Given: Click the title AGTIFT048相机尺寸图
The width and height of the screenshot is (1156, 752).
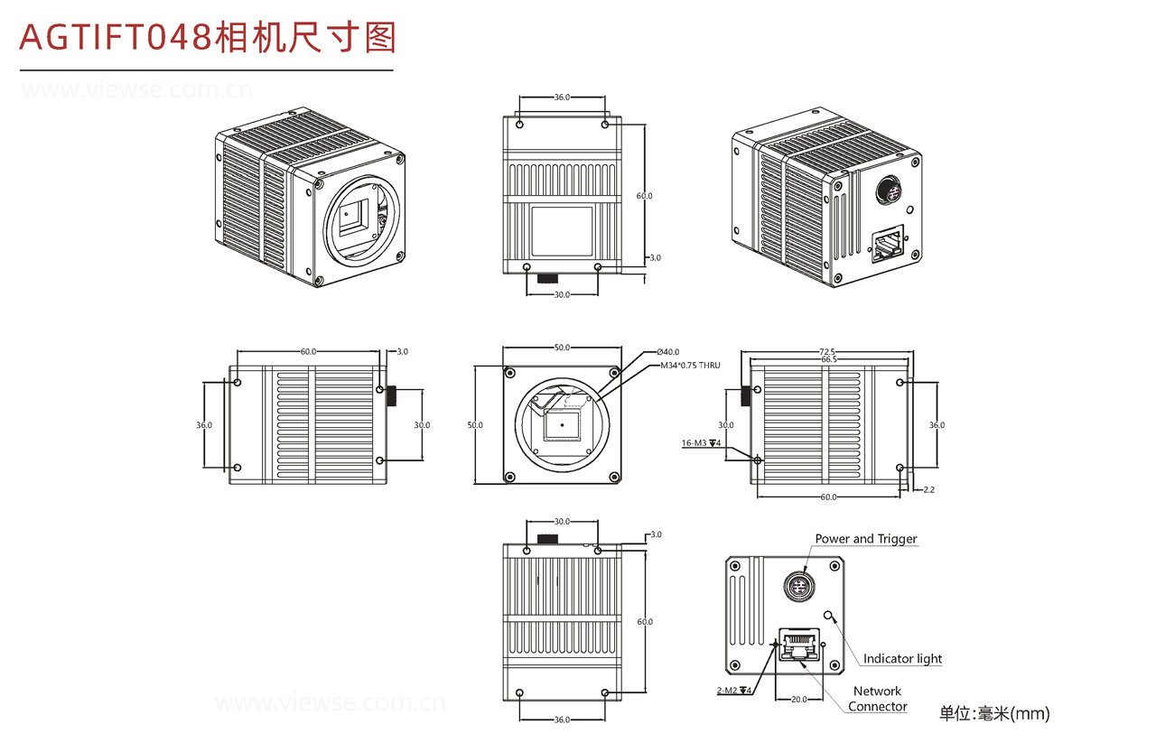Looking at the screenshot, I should pyautogui.click(x=208, y=38).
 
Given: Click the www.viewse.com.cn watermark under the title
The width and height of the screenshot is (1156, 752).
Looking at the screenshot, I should pyautogui.click(x=136, y=90).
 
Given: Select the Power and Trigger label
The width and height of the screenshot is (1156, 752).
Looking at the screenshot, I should pyautogui.click(x=865, y=539).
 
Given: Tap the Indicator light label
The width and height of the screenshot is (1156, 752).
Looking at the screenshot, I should pyautogui.click(x=902, y=659).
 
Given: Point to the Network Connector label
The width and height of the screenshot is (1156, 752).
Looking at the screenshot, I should pyautogui.click(x=877, y=699).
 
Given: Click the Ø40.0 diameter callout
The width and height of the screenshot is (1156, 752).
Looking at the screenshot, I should pyautogui.click(x=668, y=352).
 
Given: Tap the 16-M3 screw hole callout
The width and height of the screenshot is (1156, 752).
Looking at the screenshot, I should pyautogui.click(x=700, y=443).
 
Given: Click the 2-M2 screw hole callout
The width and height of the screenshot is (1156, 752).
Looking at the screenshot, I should pyautogui.click(x=732, y=691).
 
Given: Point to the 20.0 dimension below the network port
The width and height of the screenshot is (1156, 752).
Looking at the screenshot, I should pyautogui.click(x=798, y=699).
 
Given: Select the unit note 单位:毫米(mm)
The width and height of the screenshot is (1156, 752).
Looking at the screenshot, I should pyautogui.click(x=994, y=714).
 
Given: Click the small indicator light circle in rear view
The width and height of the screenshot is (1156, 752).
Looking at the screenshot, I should pyautogui.click(x=830, y=617).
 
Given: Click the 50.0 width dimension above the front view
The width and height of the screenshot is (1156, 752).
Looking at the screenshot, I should pyautogui.click(x=562, y=348).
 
